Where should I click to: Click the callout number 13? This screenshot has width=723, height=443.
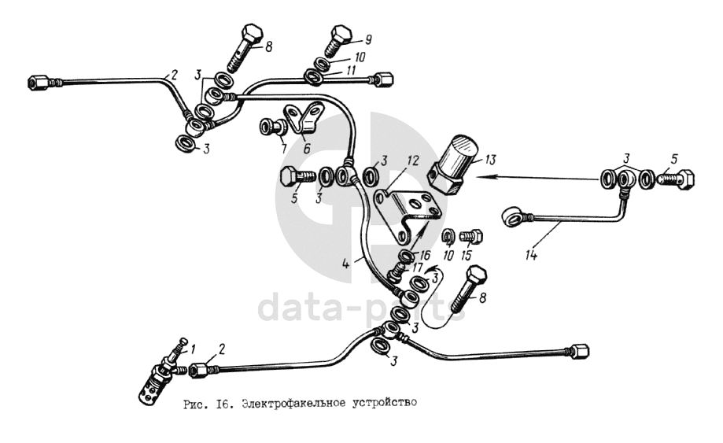[x=492, y=161]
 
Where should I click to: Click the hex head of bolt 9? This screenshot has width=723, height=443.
[x=340, y=35]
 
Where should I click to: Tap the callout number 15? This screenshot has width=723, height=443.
[x=467, y=255]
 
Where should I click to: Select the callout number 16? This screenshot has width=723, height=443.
[x=426, y=256]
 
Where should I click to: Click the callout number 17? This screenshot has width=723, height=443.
[x=417, y=268]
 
